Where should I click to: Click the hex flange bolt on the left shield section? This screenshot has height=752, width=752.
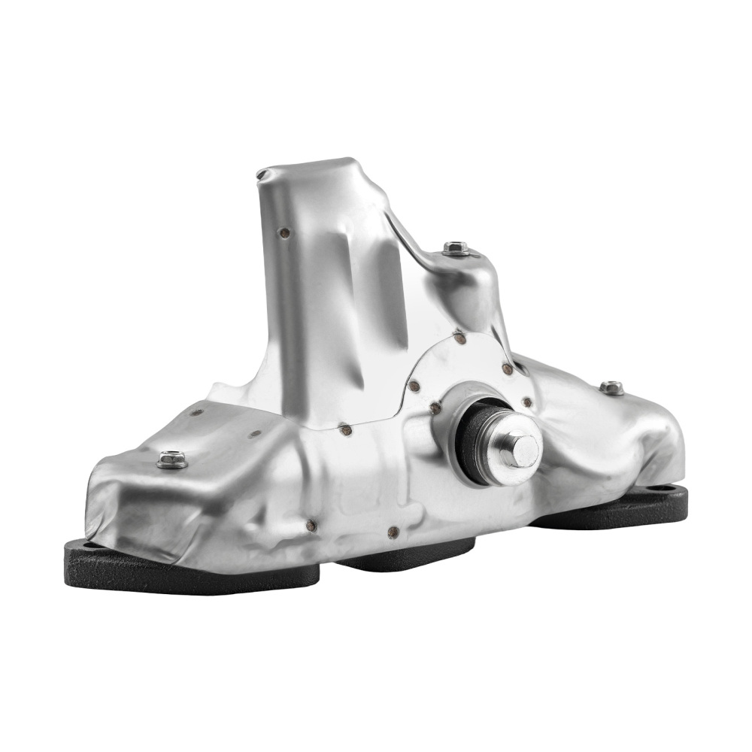[172, 459]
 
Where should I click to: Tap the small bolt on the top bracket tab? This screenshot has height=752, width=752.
[456, 247]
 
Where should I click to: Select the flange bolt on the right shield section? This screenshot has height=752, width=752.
[611, 387]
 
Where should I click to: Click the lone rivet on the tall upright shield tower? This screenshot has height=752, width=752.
[285, 233]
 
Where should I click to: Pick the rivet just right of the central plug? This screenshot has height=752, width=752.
[526, 403]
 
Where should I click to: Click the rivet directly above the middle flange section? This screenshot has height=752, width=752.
[392, 532]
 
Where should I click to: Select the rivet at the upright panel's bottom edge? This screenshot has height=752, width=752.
[346, 431]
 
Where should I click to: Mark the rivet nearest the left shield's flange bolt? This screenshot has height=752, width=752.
[198, 412]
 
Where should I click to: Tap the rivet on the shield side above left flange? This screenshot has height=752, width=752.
[310, 526]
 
